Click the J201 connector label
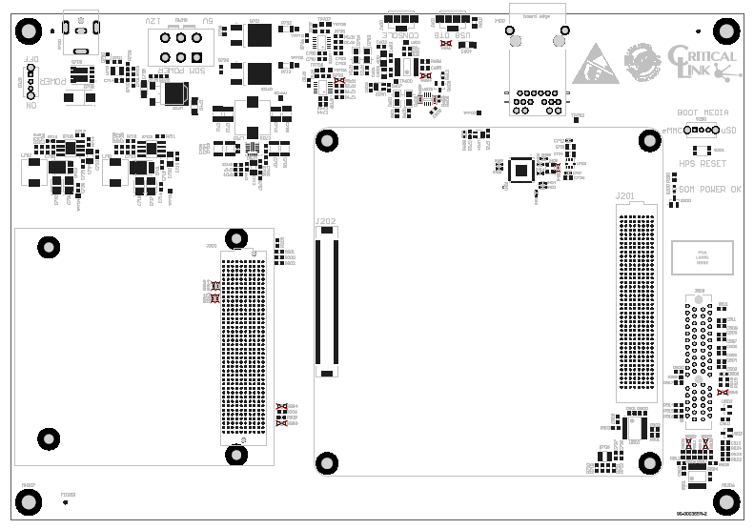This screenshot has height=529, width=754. (624, 195)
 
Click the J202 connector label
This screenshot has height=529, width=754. (325, 220)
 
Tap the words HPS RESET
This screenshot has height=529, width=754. (703, 164)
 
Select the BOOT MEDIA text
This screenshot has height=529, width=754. (702, 112)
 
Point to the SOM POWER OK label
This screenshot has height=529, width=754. (709, 189)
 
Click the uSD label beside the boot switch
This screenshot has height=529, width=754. (728, 131)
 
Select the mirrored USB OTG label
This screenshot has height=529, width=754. (451, 34)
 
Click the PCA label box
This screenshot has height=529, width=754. (703, 257)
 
